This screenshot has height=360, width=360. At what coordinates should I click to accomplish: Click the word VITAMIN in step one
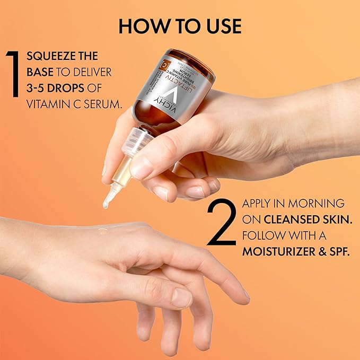[x=49, y=104]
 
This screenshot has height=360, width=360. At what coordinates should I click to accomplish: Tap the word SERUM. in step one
[x=102, y=104]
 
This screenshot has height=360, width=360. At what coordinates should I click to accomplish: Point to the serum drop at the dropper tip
[x=106, y=204]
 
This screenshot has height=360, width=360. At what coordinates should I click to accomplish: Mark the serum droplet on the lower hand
[x=102, y=231]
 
